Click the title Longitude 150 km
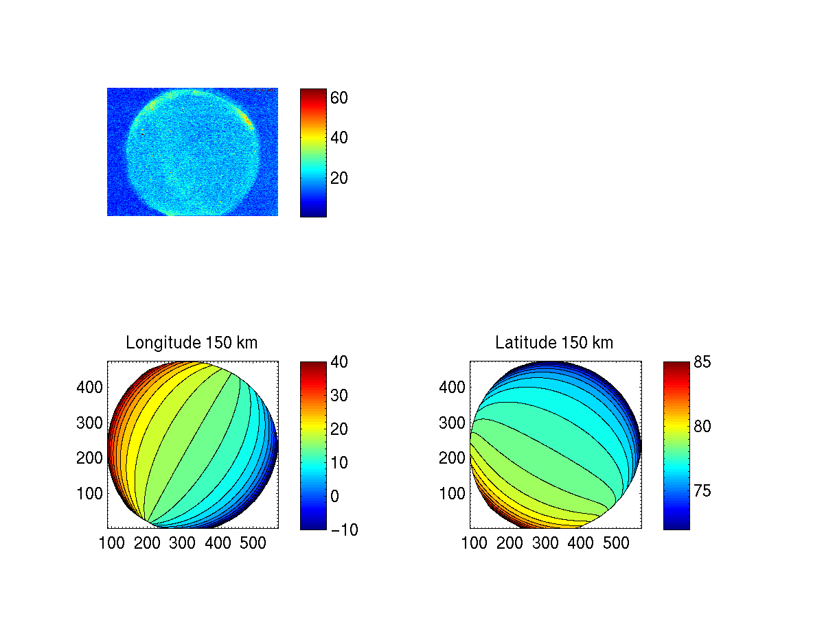(x=192, y=342)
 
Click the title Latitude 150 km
(x=554, y=342)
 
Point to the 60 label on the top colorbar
(x=339, y=98)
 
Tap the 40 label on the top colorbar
(x=339, y=138)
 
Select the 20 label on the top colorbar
(x=339, y=178)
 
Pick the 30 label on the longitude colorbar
(x=339, y=396)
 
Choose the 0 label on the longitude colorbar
(x=334, y=496)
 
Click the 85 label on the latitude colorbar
(x=701, y=361)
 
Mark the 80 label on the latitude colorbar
(x=701, y=427)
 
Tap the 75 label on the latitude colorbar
(x=701, y=491)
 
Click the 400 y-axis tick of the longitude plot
(x=89, y=387)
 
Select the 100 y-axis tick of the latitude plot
(x=452, y=493)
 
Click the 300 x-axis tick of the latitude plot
(x=546, y=544)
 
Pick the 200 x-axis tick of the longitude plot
(x=147, y=544)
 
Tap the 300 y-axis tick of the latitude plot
(x=452, y=423)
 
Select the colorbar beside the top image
(x=313, y=152)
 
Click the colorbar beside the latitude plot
(x=676, y=445)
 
